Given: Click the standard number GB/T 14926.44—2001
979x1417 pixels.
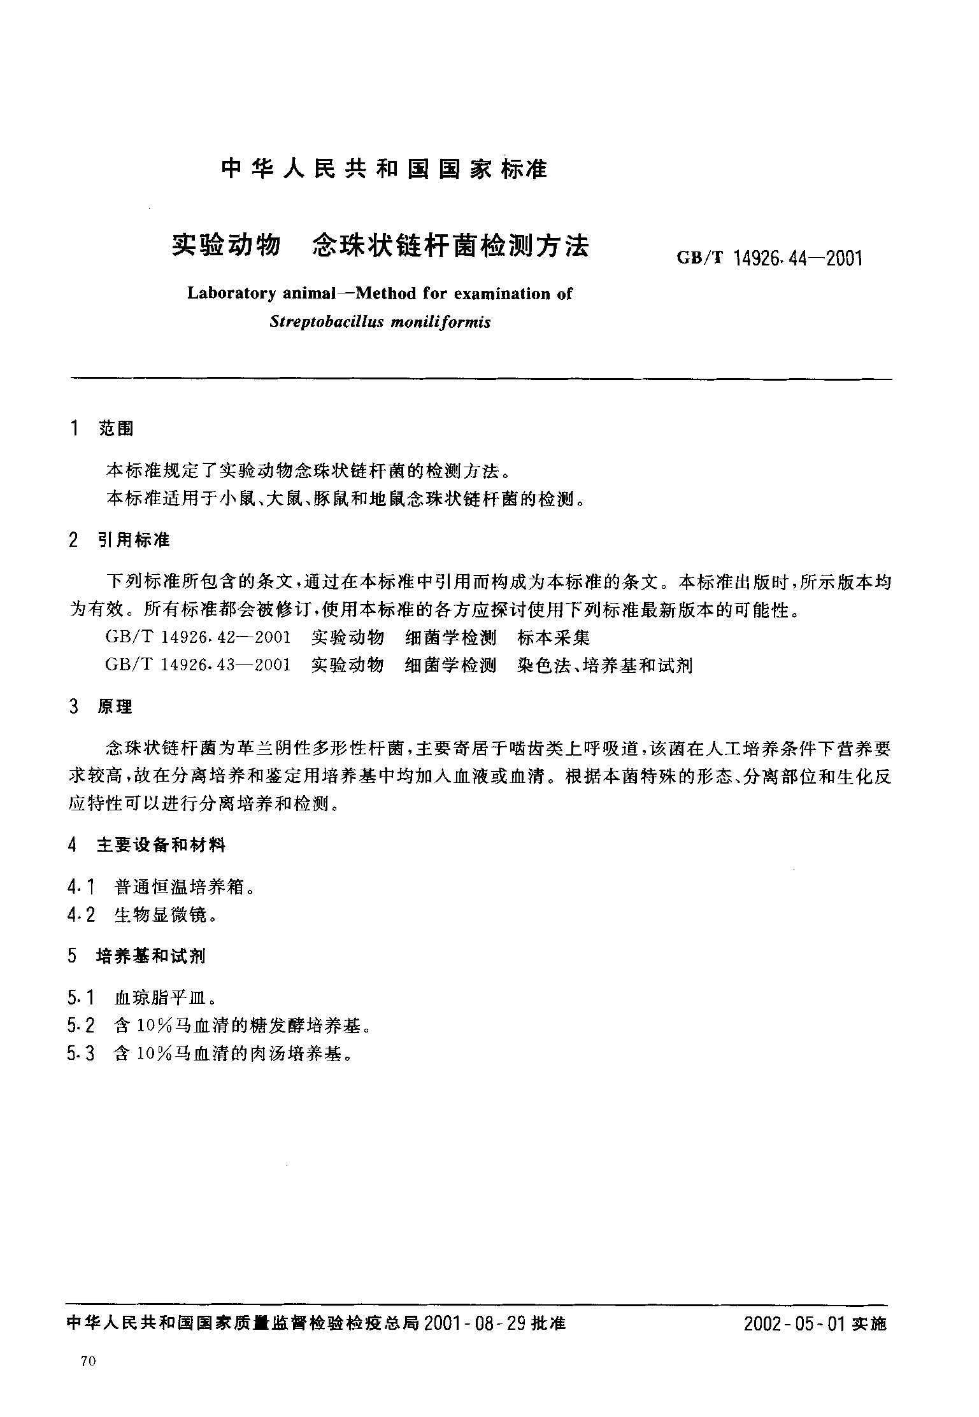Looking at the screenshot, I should click(x=769, y=258).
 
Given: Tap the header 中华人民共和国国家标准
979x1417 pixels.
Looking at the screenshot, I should click(x=384, y=170).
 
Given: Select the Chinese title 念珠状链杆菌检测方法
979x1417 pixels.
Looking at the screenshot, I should click(x=450, y=246).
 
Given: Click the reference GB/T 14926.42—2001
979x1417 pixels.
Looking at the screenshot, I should click(x=198, y=637).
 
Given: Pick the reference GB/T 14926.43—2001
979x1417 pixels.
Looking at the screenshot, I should click(x=198, y=665).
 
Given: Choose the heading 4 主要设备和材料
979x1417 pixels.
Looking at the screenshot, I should click(x=147, y=845).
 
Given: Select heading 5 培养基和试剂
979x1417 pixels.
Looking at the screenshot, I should click(x=138, y=956).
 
